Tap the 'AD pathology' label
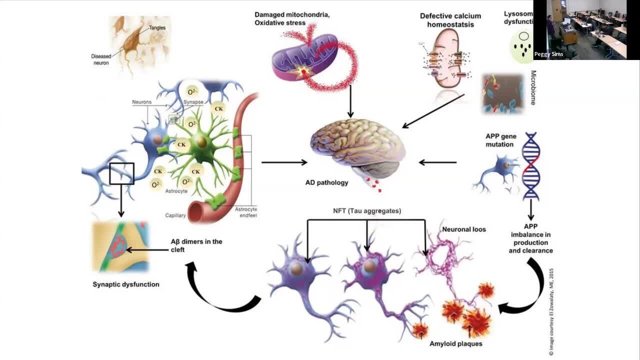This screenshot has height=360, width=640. point(326,182)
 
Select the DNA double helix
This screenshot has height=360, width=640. point(531,165)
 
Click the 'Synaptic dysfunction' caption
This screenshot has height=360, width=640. point(126,284)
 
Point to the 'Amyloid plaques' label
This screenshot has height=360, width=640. point(455,343)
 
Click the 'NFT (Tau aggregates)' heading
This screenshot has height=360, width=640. point(367,211)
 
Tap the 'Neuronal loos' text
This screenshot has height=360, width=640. point(463,229)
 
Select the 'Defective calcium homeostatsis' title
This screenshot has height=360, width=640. point(450,19)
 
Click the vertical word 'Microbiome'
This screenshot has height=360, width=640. point(533,87)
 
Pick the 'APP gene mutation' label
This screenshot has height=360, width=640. point(500,140)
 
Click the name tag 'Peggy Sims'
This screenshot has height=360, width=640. point(548,54)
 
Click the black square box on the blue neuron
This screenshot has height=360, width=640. point(121,173)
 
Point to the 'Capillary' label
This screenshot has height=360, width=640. point(175,215)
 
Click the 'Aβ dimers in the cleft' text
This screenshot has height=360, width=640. point(196,245)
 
